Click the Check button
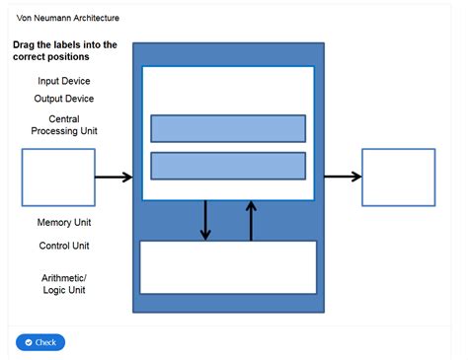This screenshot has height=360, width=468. (x=40, y=342)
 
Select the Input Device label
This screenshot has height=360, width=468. (x=64, y=81)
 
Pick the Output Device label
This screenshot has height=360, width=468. (x=64, y=99)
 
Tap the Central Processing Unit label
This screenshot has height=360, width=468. (x=64, y=124)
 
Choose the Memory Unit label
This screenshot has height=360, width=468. (x=64, y=223)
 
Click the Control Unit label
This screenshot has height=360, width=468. (x=64, y=246)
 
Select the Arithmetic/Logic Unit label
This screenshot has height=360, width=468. (x=64, y=283)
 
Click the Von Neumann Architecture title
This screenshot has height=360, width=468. (x=69, y=18)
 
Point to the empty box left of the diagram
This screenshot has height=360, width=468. (x=58, y=177)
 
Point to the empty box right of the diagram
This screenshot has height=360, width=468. (x=398, y=177)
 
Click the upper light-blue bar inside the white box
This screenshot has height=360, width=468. (x=228, y=128)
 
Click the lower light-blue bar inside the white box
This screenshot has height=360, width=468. (x=228, y=166)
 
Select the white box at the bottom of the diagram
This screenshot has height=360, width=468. (x=228, y=266)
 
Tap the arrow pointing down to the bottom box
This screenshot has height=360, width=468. (x=205, y=221)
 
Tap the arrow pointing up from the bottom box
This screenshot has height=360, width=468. (x=251, y=221)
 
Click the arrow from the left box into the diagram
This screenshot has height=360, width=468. (x=114, y=178)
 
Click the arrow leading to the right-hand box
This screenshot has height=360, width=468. (x=343, y=178)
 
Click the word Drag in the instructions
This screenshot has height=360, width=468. (x=26, y=45)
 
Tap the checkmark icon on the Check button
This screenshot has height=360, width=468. (x=29, y=342)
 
